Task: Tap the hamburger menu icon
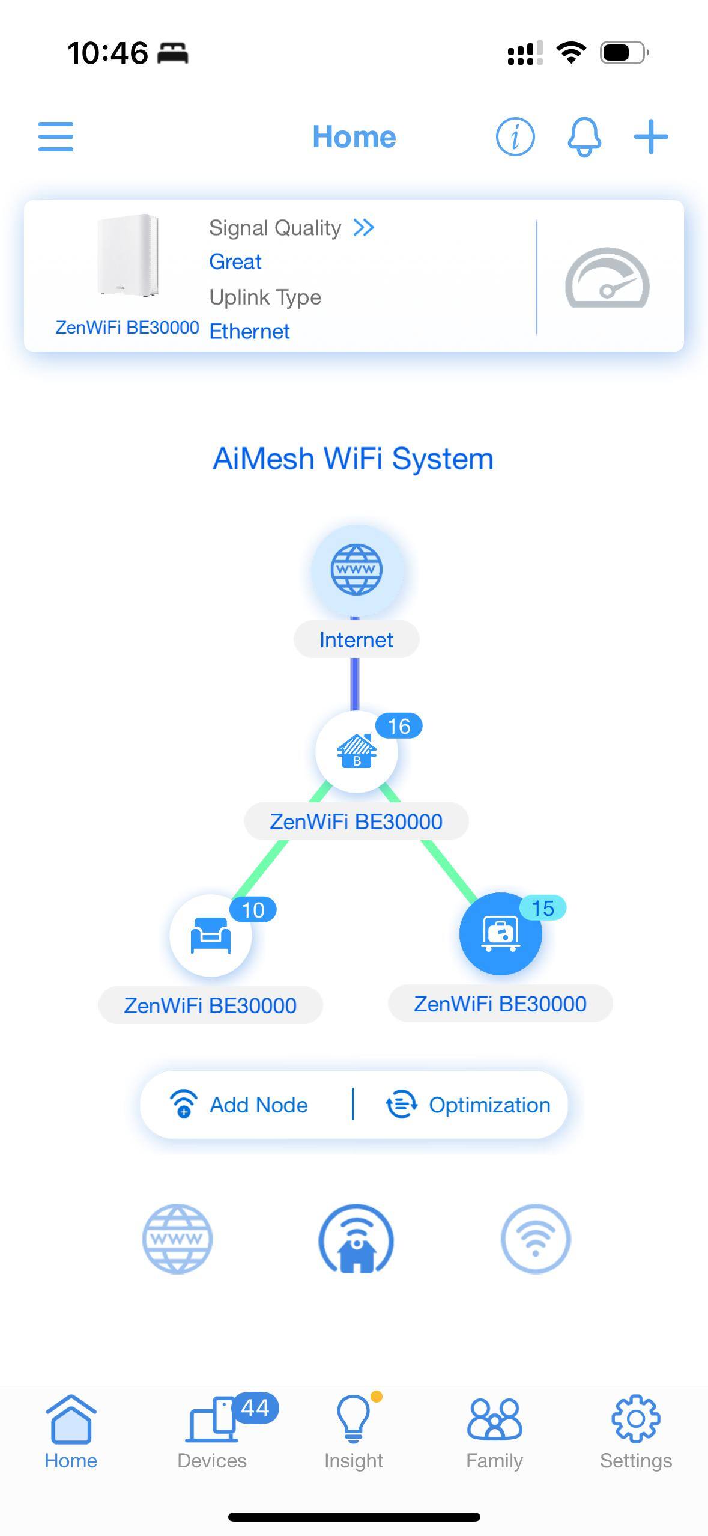(56, 137)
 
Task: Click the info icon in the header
(515, 137)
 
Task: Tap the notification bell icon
(584, 137)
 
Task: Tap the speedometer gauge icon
(607, 278)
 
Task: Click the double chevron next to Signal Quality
(364, 228)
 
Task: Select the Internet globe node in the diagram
(356, 570)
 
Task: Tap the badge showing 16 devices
(399, 726)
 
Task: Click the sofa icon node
(210, 936)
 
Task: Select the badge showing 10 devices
(253, 910)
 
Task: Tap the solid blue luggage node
(500, 934)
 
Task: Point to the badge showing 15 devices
(542, 908)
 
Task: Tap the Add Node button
(240, 1105)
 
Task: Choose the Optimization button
(468, 1105)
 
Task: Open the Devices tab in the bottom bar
(212, 1431)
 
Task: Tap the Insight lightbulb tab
(354, 1431)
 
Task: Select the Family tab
(495, 1431)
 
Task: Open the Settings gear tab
(636, 1431)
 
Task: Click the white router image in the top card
(128, 255)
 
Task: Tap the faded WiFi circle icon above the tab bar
(535, 1239)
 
